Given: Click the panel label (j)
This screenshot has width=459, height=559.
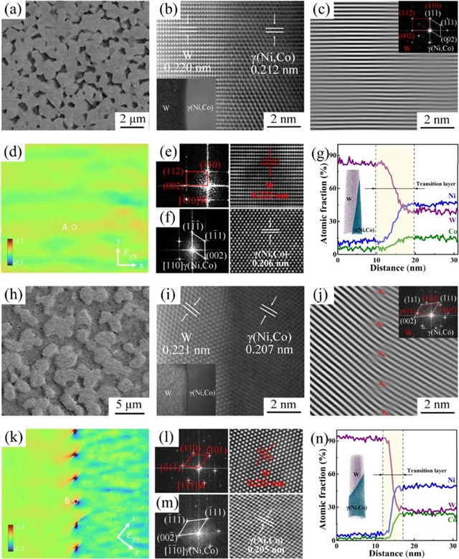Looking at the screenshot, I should pos(321,291).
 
